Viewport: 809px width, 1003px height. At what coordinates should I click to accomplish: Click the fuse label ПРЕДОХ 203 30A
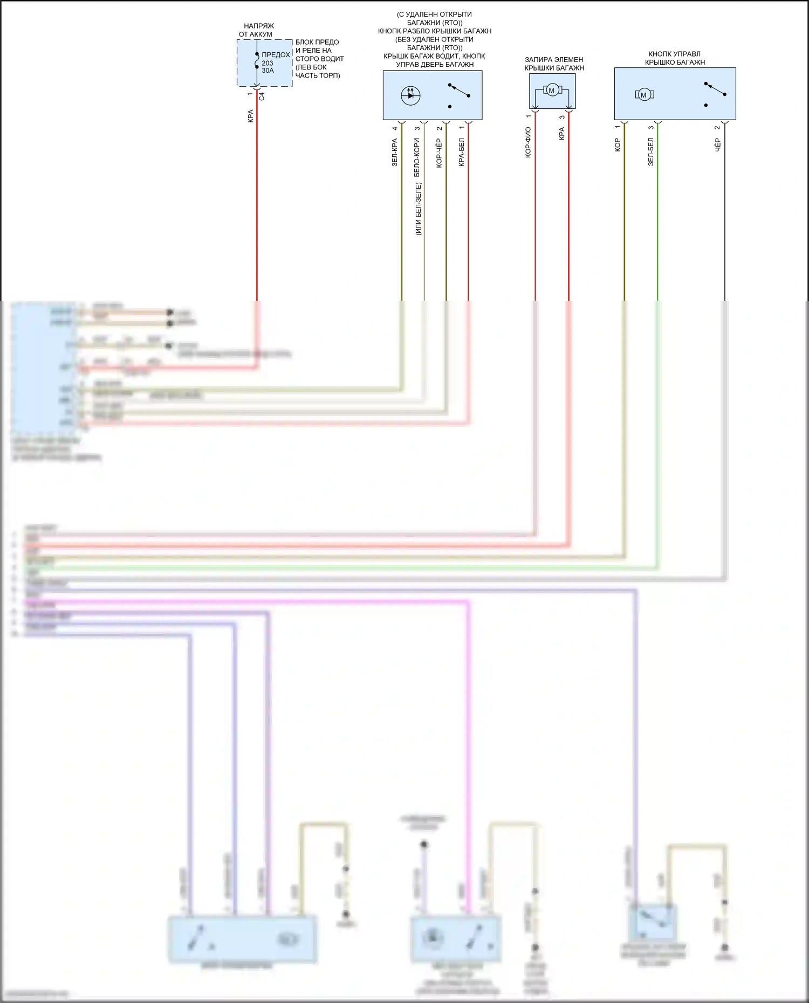coord(275,63)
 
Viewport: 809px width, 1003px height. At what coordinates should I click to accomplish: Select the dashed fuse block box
coord(265,63)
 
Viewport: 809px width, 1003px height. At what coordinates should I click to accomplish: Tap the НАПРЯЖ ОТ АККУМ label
coord(256,30)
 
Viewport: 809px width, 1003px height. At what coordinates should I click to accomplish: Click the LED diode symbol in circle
coord(410,95)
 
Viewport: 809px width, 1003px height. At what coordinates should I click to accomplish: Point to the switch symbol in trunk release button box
coord(458,95)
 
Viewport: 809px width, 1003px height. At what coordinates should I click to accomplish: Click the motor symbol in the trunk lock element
coord(551,91)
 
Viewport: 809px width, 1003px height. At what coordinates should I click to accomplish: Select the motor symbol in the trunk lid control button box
coord(643,95)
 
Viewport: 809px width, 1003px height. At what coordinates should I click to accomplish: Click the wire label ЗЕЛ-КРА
coord(394,153)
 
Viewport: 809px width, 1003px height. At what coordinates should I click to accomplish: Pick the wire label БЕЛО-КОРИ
coord(417,157)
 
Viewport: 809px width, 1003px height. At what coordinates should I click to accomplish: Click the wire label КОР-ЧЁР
coord(439,153)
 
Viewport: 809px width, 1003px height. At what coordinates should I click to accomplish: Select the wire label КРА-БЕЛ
coord(461,152)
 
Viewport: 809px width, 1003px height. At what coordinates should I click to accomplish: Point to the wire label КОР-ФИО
coord(528,142)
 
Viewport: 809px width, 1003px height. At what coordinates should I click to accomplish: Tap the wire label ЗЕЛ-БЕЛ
coord(650,151)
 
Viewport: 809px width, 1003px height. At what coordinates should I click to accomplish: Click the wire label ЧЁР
coord(717,144)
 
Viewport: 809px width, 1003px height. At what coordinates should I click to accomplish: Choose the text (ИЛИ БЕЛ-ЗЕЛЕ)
coord(419,209)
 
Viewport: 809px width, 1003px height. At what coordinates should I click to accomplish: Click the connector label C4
coord(262,96)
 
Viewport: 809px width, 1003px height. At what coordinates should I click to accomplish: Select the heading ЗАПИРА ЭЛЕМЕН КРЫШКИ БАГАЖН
coord(554,64)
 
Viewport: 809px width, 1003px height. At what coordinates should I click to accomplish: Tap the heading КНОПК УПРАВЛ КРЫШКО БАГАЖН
coord(675,58)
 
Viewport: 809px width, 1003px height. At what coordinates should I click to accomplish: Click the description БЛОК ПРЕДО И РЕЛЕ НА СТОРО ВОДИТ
coord(319,59)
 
